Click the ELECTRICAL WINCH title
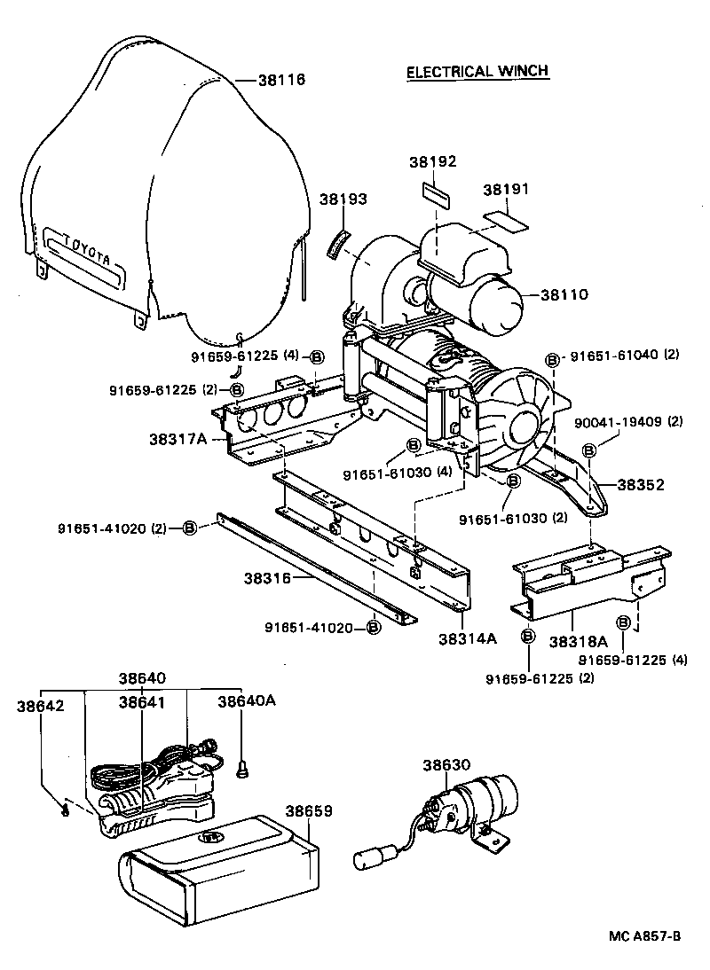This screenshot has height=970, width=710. (477, 72)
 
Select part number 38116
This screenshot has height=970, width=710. (281, 80)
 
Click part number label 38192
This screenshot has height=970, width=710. (432, 162)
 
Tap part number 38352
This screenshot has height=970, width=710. (641, 485)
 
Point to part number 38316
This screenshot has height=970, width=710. (269, 578)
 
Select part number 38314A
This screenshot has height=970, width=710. (467, 638)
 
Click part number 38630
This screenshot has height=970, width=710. (446, 765)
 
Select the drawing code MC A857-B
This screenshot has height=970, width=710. (644, 937)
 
